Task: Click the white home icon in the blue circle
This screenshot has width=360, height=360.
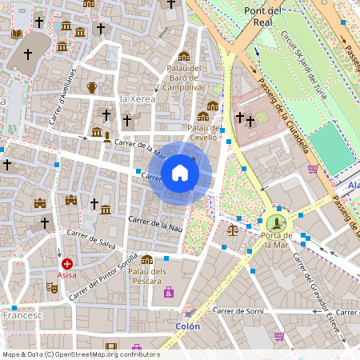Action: click(180, 173)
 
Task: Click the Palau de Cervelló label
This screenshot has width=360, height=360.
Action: click(203, 132)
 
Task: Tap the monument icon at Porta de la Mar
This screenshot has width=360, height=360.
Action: click(277, 222)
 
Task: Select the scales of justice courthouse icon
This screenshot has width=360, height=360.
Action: click(233, 230)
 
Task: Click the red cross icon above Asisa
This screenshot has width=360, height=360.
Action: click(67, 263)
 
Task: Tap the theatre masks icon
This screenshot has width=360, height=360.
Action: click(52, 286)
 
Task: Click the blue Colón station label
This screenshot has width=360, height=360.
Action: click(187, 326)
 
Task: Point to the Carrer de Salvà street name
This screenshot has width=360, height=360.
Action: click(87, 238)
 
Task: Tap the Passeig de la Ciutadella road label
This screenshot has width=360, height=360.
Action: click(284, 120)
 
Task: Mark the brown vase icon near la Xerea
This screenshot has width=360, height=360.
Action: click(92, 87)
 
